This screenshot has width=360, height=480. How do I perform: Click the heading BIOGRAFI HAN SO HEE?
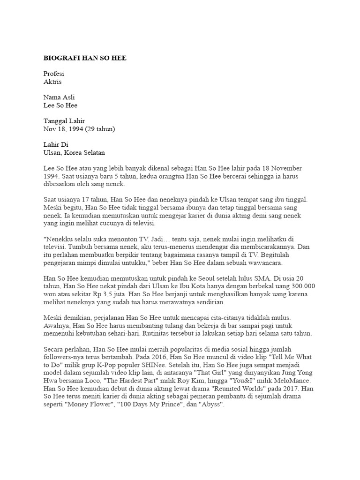(x=85, y=58)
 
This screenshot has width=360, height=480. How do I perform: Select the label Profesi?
(x=53, y=74)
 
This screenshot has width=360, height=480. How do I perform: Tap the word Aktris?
(x=52, y=82)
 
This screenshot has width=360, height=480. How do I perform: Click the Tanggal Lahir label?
(x=64, y=121)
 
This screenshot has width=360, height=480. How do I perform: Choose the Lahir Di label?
(x=56, y=145)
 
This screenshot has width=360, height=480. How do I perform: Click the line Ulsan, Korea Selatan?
(x=74, y=153)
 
